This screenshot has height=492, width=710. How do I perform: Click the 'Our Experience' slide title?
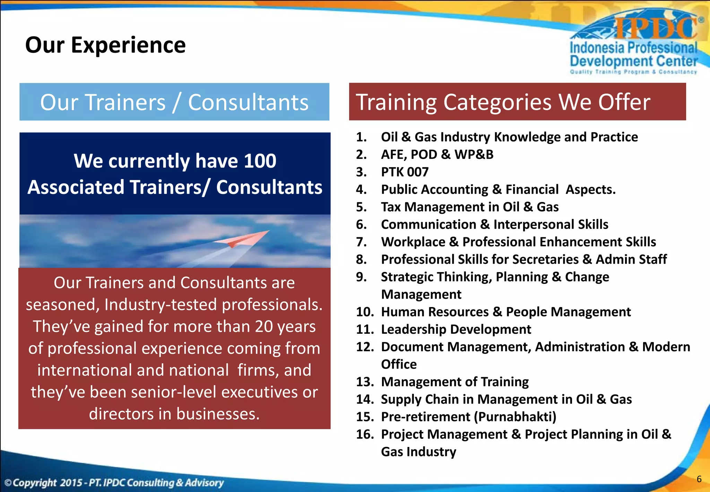pos(105,45)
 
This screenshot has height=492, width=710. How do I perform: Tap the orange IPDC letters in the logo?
pos(655,28)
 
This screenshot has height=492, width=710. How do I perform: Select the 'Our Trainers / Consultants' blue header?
pos(174,102)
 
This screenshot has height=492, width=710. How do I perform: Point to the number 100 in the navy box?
pos(260,161)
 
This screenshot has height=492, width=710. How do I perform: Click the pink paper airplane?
pos(243,239)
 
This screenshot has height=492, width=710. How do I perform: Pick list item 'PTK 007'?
pos(405,172)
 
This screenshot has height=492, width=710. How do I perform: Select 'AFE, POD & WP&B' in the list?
pos(437,154)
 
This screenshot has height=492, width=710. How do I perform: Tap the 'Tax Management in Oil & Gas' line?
pos(469,207)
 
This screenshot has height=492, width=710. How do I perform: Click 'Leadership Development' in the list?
pos(456,329)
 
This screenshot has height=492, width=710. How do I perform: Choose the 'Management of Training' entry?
pos(454,382)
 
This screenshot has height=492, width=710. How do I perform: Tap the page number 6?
pos(699,479)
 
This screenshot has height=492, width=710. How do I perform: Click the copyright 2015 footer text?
pos(114,483)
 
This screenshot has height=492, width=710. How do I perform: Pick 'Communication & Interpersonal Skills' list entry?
pos(494,224)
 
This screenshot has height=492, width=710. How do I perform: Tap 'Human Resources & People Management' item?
pos(505,312)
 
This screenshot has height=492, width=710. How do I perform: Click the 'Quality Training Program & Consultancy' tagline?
pos(633,72)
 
